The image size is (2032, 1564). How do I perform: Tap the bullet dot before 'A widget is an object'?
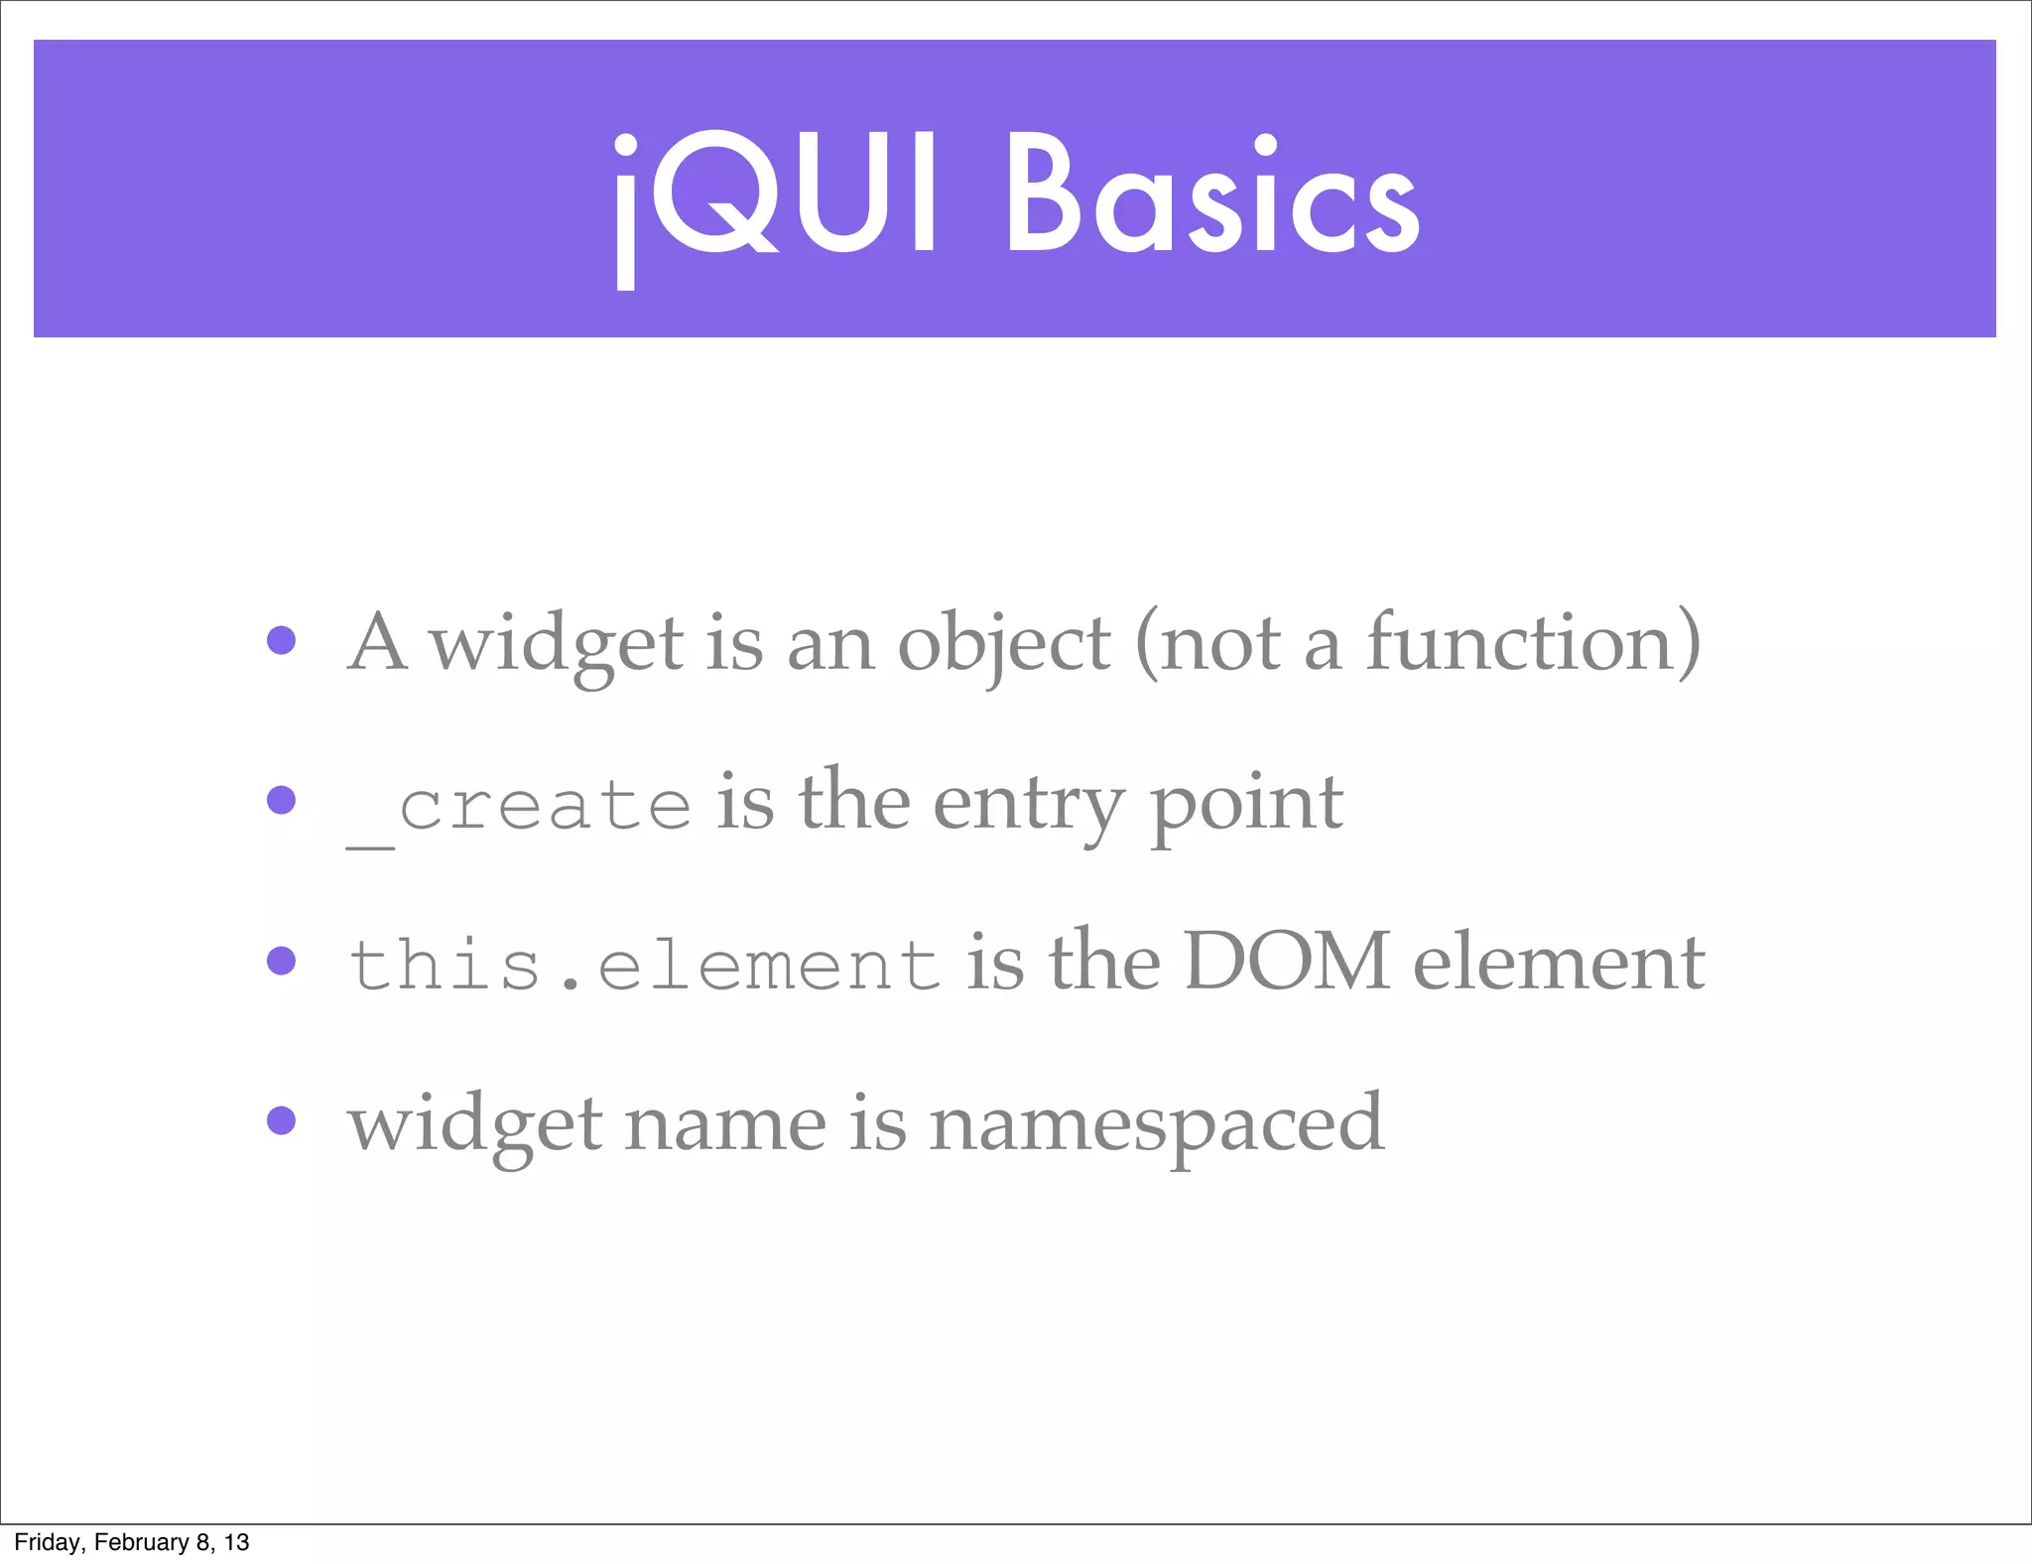point(282,640)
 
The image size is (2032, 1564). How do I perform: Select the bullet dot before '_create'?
point(282,800)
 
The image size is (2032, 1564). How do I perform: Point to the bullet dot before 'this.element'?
point(282,961)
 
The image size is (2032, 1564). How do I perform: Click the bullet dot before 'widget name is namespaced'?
point(282,1120)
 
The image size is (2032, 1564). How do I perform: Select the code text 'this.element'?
point(644,965)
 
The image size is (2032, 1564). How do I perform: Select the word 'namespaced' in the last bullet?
point(1156,1125)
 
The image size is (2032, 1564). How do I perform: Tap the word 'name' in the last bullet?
point(725,1125)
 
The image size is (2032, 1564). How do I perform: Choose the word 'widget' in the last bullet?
point(474,1125)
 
